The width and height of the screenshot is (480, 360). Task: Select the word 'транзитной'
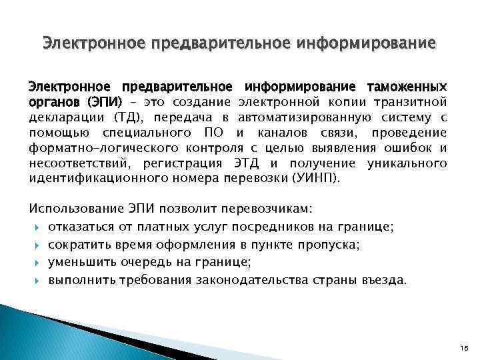[x=413, y=103]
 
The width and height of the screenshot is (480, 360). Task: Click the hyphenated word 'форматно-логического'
[x=88, y=148]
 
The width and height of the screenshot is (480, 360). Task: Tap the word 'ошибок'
[x=407, y=148]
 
